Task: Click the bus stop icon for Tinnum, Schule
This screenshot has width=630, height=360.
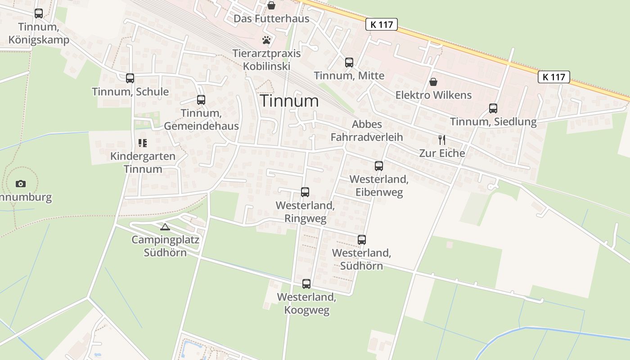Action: [130, 78]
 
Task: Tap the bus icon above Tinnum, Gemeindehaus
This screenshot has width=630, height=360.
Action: [201, 100]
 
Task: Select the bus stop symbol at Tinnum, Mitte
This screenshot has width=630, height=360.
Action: [349, 63]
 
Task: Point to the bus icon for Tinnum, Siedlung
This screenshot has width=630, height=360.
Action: [493, 108]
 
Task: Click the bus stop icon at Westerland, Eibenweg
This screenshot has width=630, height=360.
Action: [379, 166]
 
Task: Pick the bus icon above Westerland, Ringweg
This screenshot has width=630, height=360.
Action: [305, 192]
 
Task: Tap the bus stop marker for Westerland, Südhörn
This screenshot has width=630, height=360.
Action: [362, 240]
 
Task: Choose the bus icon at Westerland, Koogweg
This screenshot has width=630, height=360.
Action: [306, 284]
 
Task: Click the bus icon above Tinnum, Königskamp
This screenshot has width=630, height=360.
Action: [39, 13]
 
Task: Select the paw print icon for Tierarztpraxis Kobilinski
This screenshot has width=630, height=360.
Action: [266, 40]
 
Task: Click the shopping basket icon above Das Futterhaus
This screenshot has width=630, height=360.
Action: [271, 5]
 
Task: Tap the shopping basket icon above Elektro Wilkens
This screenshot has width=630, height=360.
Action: [433, 82]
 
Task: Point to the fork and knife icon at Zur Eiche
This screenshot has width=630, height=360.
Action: [442, 139]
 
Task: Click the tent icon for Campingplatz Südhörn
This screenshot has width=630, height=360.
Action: [165, 227]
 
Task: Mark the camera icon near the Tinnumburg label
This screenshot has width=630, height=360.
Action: [21, 184]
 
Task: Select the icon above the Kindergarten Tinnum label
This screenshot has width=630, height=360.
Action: [143, 143]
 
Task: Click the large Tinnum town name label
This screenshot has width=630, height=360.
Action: [289, 101]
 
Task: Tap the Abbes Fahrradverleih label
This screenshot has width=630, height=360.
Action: [367, 130]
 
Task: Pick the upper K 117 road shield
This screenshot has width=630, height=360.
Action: [382, 24]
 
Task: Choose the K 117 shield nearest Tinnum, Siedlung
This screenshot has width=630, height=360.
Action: [554, 77]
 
